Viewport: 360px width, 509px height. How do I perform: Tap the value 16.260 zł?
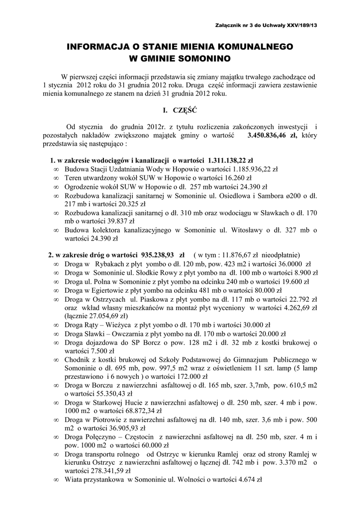click(x=238, y=177)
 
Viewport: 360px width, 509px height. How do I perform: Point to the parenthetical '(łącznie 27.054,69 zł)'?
click(x=96, y=316)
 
